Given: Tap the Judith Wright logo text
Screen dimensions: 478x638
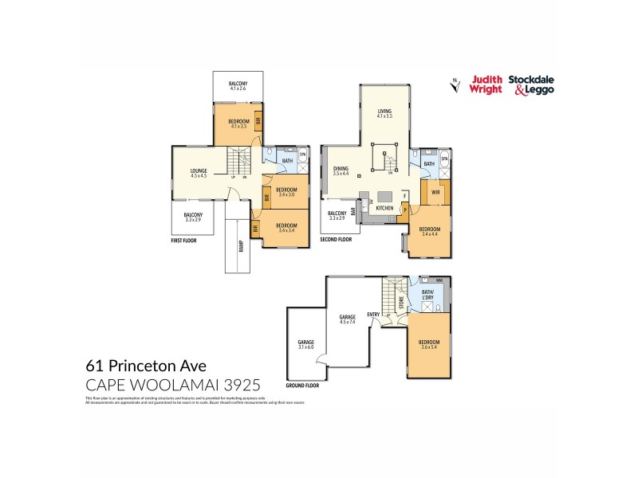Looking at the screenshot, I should pos(487,84).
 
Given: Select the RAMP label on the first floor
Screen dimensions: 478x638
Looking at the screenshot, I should pos(240,246).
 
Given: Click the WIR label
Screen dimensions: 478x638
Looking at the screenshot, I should pos(436,191).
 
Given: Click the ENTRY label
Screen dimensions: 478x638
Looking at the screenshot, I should pos(373,314).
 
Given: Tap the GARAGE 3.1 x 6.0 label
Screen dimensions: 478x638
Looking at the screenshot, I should pos(306,344).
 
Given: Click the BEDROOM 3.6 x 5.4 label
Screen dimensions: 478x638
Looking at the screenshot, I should pos(430,343).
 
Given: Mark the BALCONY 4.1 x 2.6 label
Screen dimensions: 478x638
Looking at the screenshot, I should pos(238,86).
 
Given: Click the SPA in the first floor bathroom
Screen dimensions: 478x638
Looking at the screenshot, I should pos(302,155).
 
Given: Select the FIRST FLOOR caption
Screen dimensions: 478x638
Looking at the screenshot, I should pos(184,239).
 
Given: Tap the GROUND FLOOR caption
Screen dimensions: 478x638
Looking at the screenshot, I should pos(302,385).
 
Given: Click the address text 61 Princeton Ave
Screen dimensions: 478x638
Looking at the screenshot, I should pos(146,366).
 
